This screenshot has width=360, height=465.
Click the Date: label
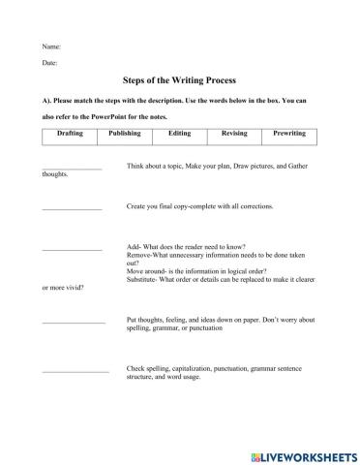50,63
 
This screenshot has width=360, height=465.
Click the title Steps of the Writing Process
180,82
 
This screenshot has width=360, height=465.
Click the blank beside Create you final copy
72,209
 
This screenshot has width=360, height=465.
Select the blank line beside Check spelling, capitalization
75,371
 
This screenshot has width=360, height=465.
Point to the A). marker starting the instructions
47,100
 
